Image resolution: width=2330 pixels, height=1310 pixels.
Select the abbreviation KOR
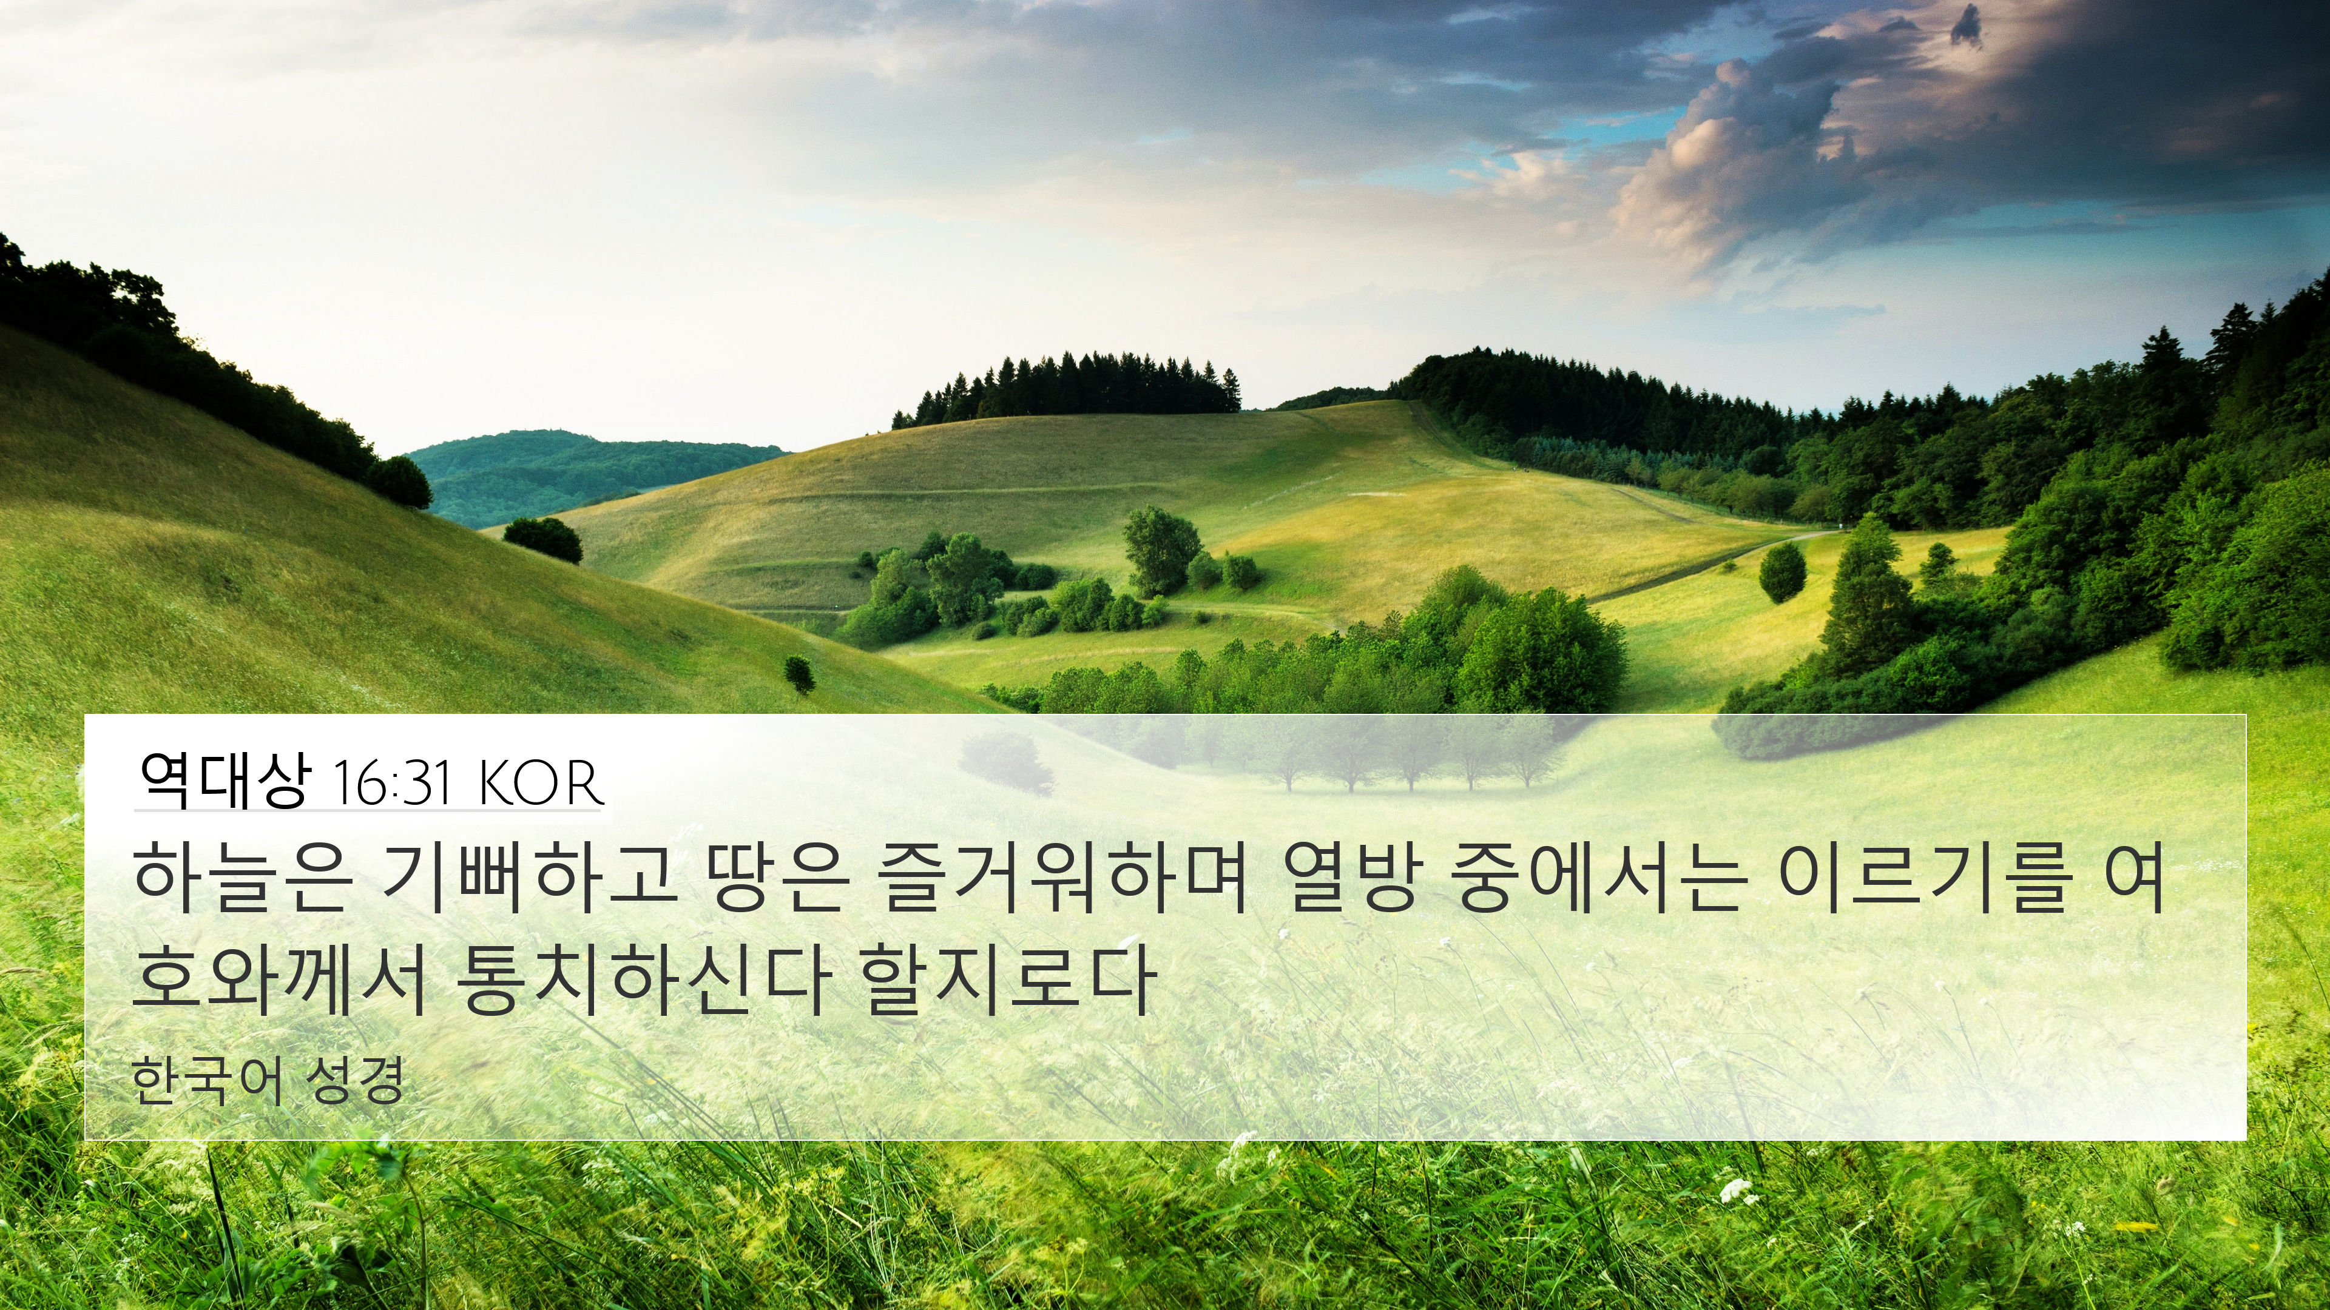[537, 783]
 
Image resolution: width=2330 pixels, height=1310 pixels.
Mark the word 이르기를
[1922, 878]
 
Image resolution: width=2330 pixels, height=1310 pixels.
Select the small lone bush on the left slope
[799, 674]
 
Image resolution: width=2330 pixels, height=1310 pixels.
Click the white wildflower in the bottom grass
[1732, 1189]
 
